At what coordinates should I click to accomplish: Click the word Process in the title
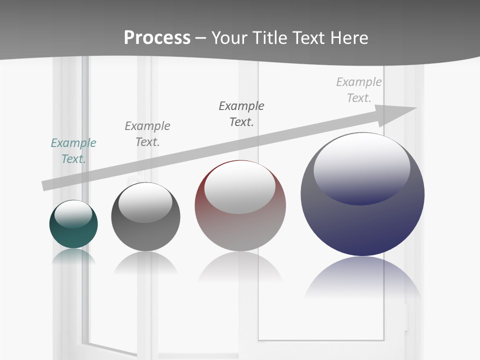[157, 37]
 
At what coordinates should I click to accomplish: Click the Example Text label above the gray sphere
[147, 134]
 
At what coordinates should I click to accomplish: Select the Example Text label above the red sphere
[241, 114]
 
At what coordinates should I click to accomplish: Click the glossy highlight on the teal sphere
[73, 214]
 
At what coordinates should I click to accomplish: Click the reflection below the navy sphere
[362, 280]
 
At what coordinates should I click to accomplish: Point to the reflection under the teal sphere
[73, 256]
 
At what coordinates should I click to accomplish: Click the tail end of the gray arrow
[47, 184]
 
